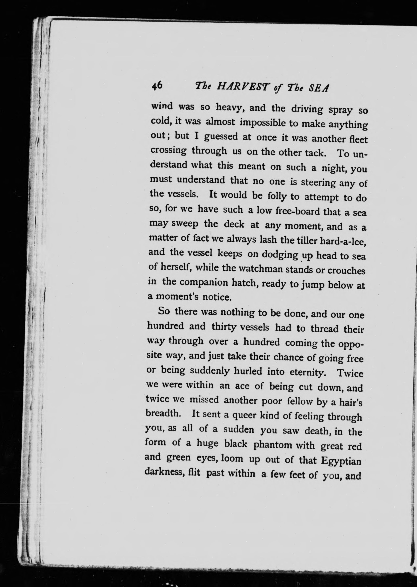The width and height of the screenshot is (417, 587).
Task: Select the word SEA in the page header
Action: pyautogui.click(x=318, y=89)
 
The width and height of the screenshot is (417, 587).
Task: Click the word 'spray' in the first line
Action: pyautogui.click(x=340, y=110)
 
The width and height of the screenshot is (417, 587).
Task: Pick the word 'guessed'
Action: pyautogui.click(x=221, y=137)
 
